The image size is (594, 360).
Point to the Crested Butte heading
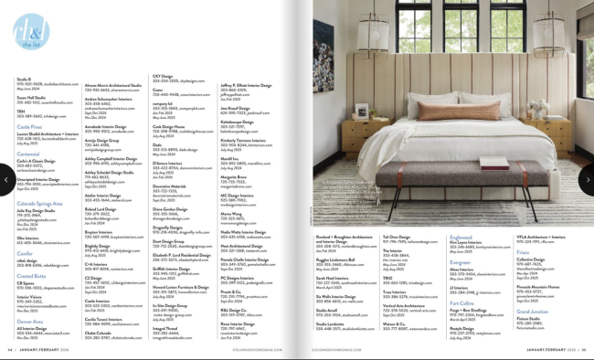click(31, 275)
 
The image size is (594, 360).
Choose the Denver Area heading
click(29, 321)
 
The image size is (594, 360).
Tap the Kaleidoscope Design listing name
click(238, 121)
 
